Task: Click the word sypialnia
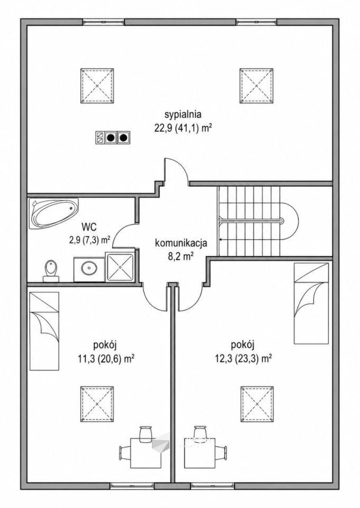(183, 115)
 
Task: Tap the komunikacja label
(181, 243)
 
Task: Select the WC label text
(89, 226)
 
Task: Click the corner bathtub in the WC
(54, 213)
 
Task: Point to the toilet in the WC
(51, 270)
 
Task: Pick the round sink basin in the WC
(88, 268)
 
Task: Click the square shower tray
(120, 267)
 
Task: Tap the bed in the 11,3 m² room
(44, 331)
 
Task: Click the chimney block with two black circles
(113, 138)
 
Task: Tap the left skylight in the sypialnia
(97, 86)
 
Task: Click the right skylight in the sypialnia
(256, 86)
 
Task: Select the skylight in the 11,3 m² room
(97, 404)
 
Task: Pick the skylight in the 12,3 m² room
(257, 404)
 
